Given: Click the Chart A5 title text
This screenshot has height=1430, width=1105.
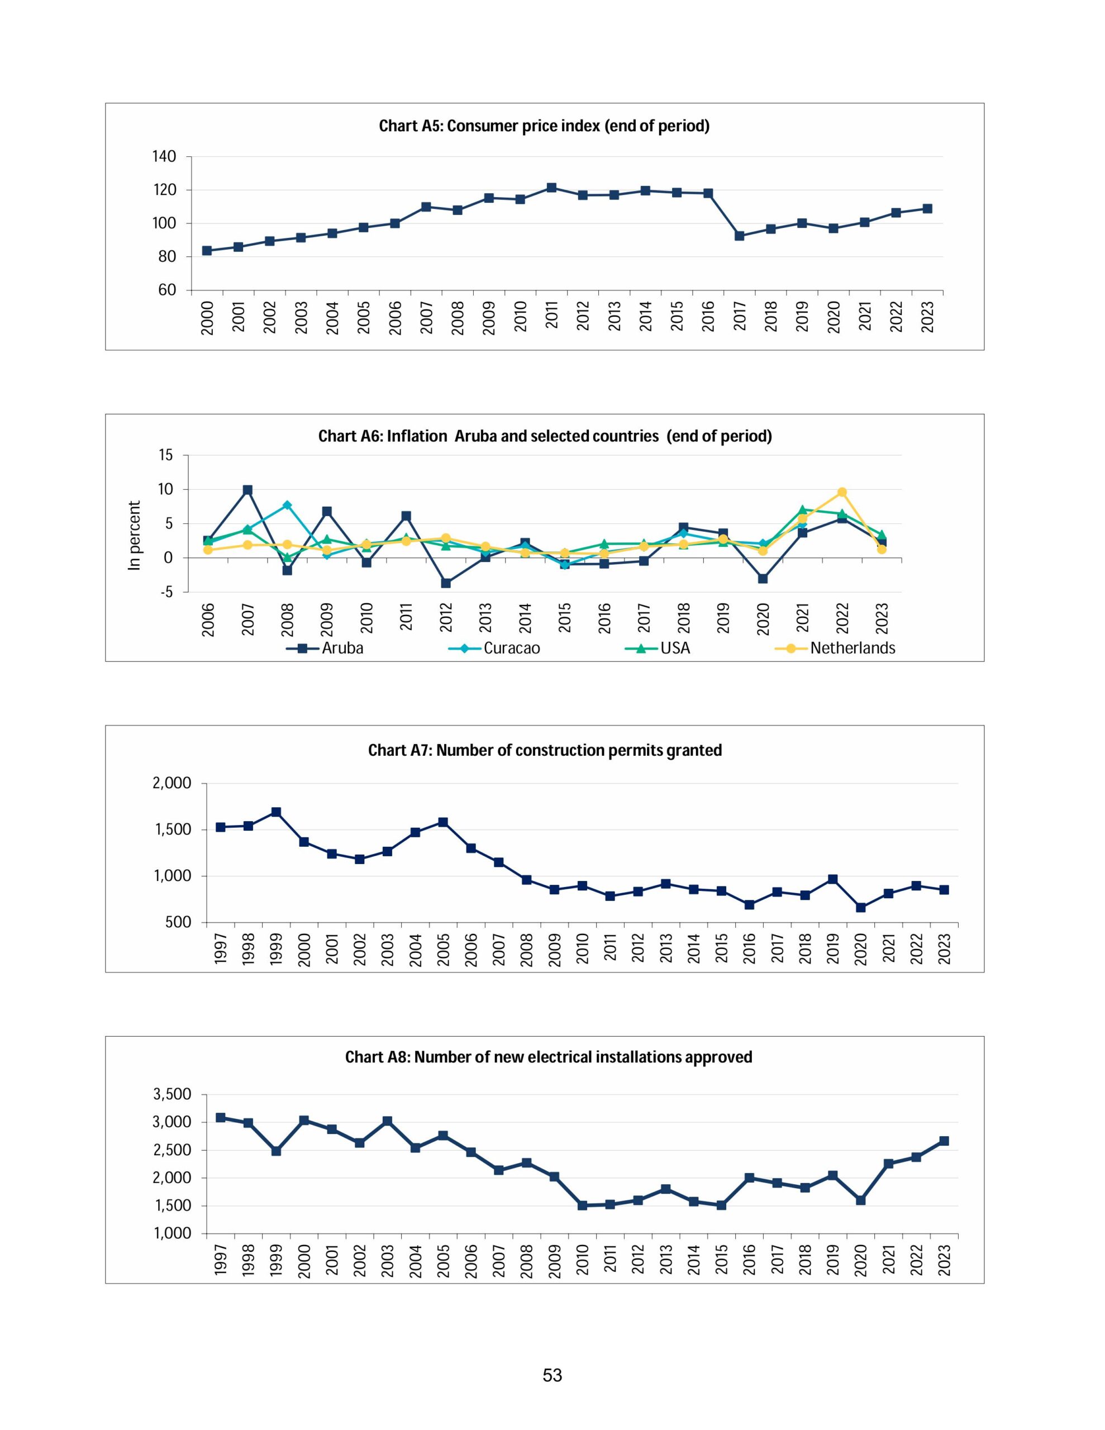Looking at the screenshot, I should [x=544, y=126].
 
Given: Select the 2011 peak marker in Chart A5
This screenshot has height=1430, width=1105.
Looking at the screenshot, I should [x=551, y=188].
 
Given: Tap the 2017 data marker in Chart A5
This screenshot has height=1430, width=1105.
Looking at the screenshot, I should [x=740, y=236].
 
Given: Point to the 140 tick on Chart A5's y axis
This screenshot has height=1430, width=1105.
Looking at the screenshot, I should [x=164, y=156].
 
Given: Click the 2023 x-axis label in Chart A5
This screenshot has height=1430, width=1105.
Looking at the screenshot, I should [x=927, y=317].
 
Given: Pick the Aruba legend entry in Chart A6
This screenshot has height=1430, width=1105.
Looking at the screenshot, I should [x=326, y=648].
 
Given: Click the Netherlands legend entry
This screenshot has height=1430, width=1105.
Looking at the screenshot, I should [x=835, y=648].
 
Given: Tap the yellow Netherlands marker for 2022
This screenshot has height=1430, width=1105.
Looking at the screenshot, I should [x=842, y=492].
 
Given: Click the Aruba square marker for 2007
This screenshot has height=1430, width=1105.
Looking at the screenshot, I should [x=247, y=490].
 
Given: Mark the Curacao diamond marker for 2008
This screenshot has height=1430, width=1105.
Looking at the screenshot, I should [x=287, y=505].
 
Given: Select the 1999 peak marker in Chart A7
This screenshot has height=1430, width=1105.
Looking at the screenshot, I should [x=276, y=812].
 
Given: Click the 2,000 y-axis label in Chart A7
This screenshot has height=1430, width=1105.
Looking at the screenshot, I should [x=172, y=783].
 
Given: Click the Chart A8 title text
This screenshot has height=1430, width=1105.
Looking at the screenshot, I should [x=548, y=1057].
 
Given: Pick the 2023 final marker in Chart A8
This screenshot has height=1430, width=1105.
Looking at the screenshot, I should [x=944, y=1141].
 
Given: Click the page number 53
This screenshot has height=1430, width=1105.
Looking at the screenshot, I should [x=552, y=1375].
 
